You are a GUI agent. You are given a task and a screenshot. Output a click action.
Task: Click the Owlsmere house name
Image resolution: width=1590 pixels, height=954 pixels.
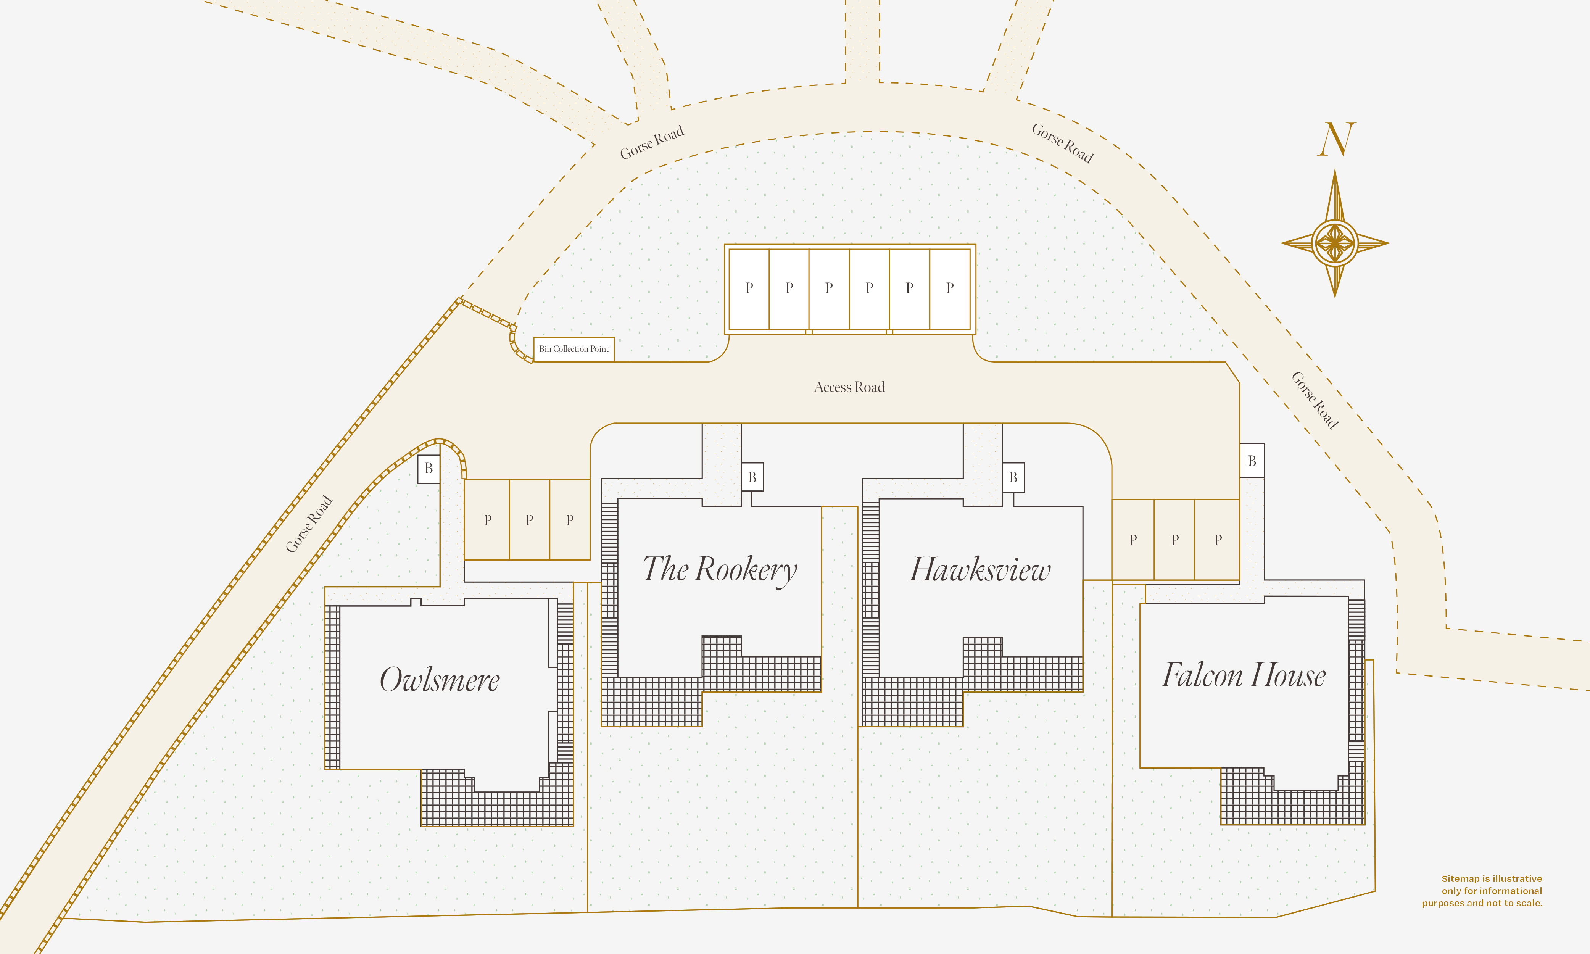(440, 680)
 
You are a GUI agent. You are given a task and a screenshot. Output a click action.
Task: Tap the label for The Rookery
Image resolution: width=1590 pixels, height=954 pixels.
(720, 570)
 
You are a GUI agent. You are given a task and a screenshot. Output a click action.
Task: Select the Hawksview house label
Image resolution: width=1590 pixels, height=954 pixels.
(980, 570)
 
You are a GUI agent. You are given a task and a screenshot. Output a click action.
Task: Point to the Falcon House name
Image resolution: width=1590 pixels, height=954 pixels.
(1244, 675)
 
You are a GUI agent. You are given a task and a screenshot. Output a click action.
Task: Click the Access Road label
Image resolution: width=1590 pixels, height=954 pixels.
(849, 387)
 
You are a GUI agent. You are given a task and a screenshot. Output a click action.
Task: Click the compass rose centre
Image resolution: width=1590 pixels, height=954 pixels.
(1335, 243)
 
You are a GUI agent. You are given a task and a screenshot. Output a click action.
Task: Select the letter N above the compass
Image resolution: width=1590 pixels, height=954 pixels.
(1336, 140)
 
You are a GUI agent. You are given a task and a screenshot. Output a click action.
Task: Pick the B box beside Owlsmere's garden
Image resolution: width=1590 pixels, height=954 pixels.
(429, 469)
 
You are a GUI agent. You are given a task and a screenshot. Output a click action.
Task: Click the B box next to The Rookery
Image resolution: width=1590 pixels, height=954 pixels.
(752, 477)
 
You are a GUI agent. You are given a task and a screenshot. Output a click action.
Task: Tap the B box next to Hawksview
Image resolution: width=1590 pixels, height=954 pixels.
(1013, 477)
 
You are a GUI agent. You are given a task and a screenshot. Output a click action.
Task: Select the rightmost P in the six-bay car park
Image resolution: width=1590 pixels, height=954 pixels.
(950, 288)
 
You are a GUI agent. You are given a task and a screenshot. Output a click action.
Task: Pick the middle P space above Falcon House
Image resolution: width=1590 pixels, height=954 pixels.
(1175, 540)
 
